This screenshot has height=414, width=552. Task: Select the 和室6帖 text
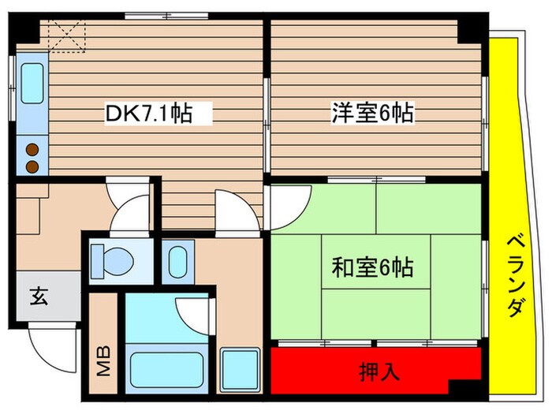pos(371,267)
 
